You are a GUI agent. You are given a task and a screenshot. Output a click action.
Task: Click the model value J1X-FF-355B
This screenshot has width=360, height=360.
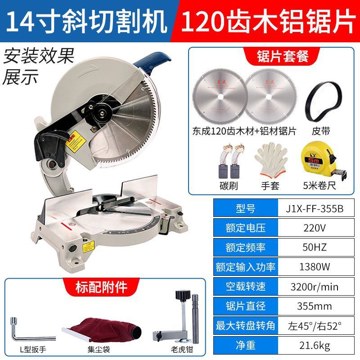[314, 208]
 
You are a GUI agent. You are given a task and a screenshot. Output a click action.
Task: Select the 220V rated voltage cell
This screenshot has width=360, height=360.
[314, 228]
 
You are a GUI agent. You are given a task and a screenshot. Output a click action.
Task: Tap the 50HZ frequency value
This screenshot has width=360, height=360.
[314, 247]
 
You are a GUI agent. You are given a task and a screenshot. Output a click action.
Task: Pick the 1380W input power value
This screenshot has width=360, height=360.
[314, 267]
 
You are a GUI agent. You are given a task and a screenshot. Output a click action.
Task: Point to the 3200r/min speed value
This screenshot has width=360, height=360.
[314, 286]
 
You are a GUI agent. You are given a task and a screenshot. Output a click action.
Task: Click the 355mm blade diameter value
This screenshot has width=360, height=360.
[314, 306]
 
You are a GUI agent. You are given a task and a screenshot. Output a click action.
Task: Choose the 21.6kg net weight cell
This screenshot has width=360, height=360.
[314, 345]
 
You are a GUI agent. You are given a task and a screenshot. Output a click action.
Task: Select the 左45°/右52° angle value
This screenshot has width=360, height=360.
[314, 325]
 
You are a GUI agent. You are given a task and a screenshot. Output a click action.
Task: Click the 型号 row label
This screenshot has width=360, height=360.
[245, 208]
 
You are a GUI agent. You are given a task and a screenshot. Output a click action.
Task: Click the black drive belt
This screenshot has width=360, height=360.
[321, 103]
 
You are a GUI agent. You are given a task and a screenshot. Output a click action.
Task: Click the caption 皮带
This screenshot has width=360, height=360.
[321, 131]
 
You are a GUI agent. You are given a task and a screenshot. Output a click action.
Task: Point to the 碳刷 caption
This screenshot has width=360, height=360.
[229, 185]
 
